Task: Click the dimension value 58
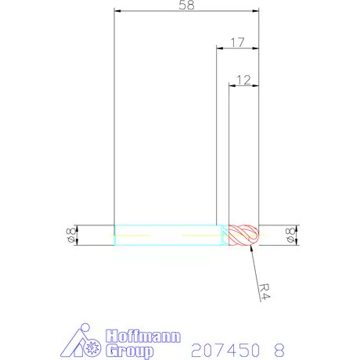(186, 5)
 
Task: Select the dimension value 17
(238, 42)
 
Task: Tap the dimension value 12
(243, 79)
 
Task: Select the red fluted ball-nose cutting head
(243, 236)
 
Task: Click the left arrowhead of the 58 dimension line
(117, 12)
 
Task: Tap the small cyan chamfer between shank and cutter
(224, 236)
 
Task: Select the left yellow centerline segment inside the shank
(133, 235)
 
